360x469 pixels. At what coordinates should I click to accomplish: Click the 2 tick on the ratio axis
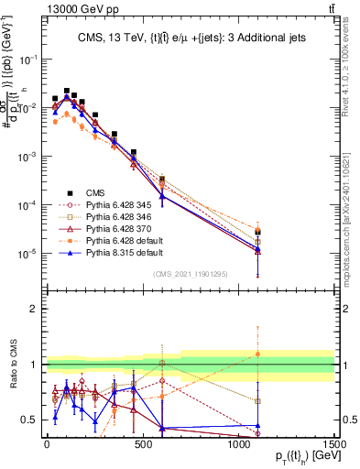tap(35, 309)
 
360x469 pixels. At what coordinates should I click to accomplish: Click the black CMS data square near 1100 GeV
tap(258, 232)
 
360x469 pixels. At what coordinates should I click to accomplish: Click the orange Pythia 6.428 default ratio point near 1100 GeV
tap(258, 354)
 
